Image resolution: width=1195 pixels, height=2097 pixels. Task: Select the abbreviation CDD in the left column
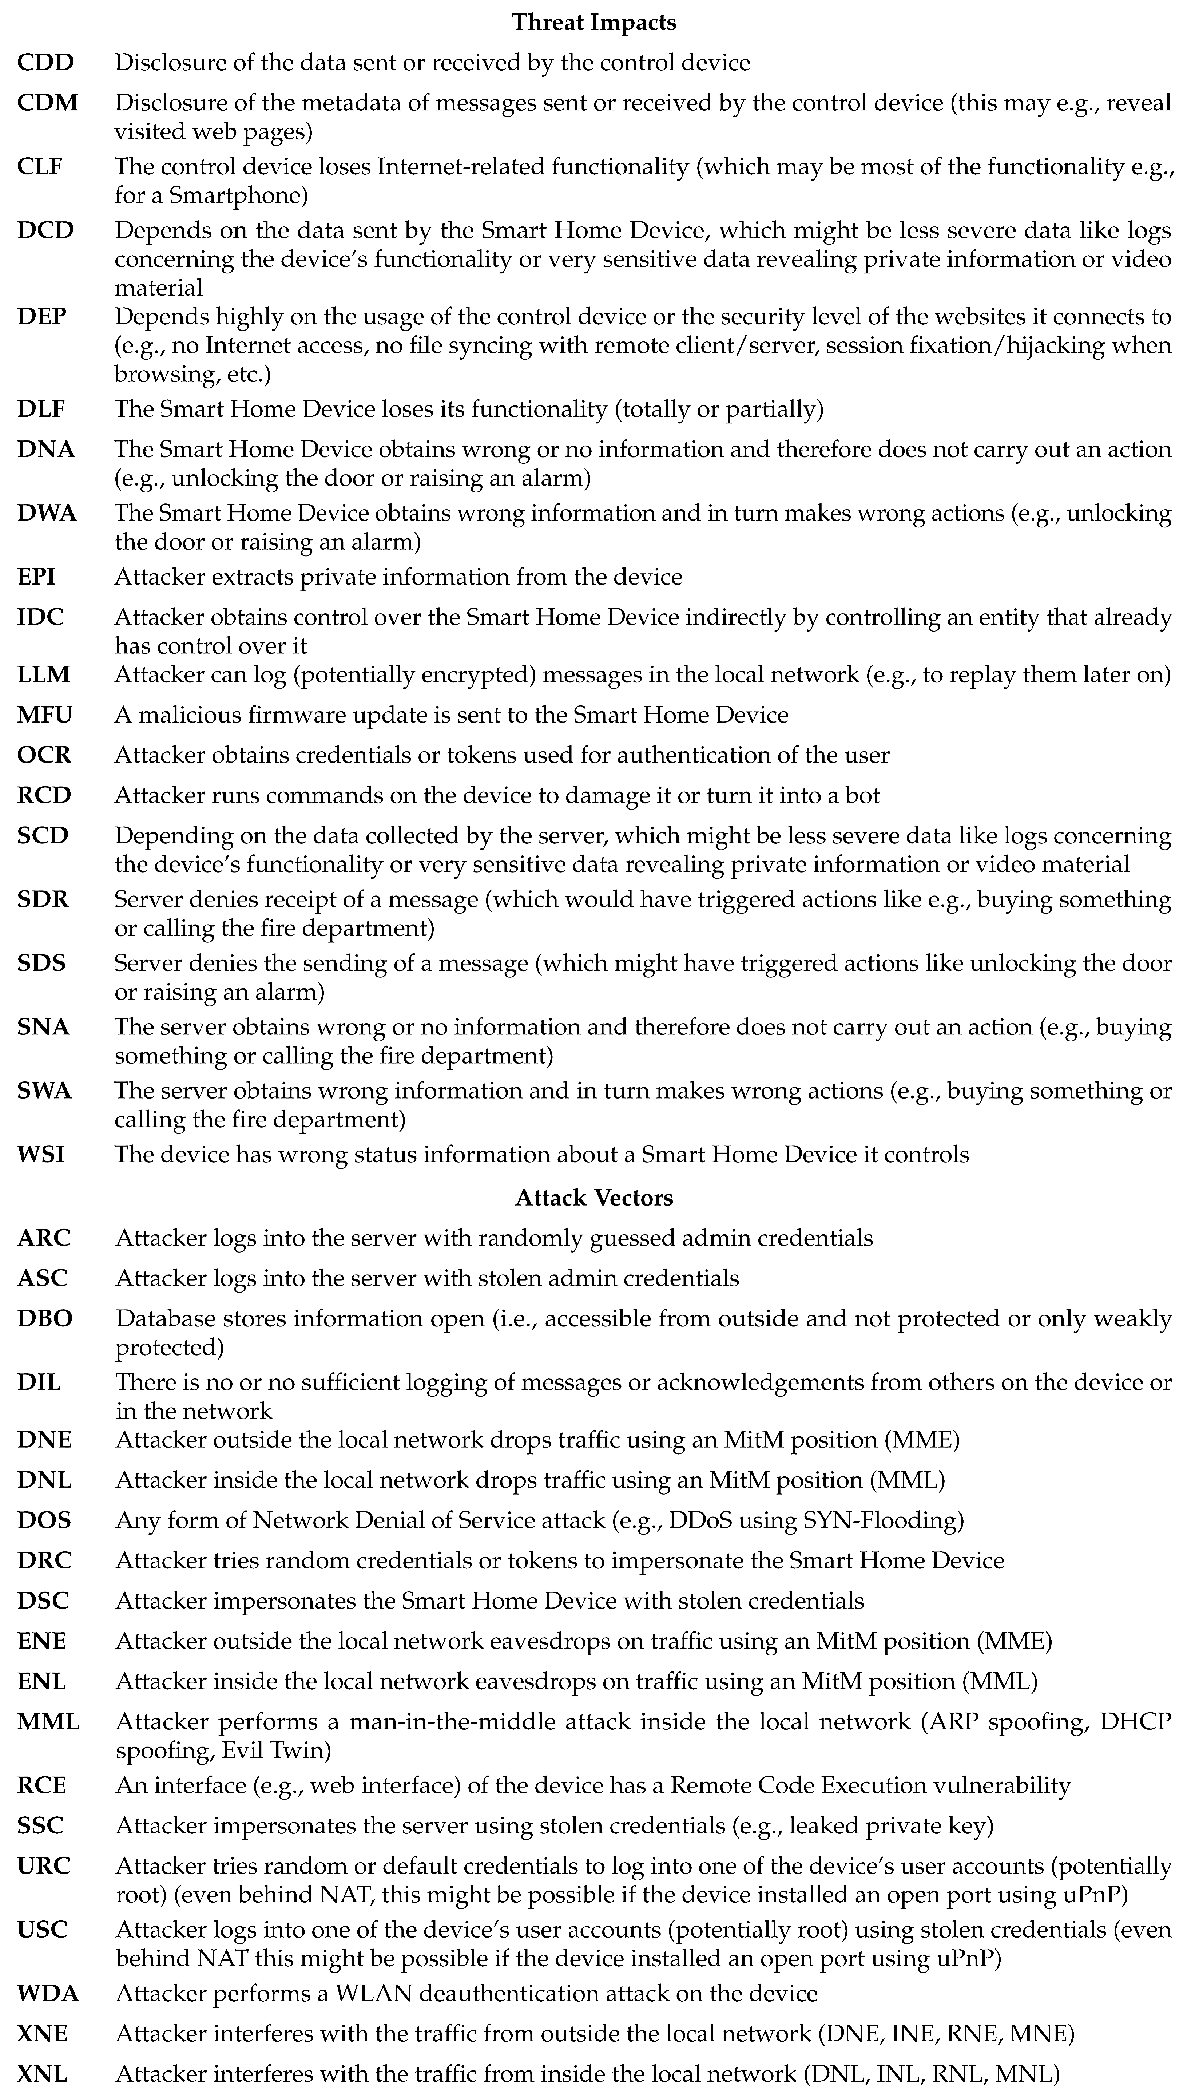[46, 62]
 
